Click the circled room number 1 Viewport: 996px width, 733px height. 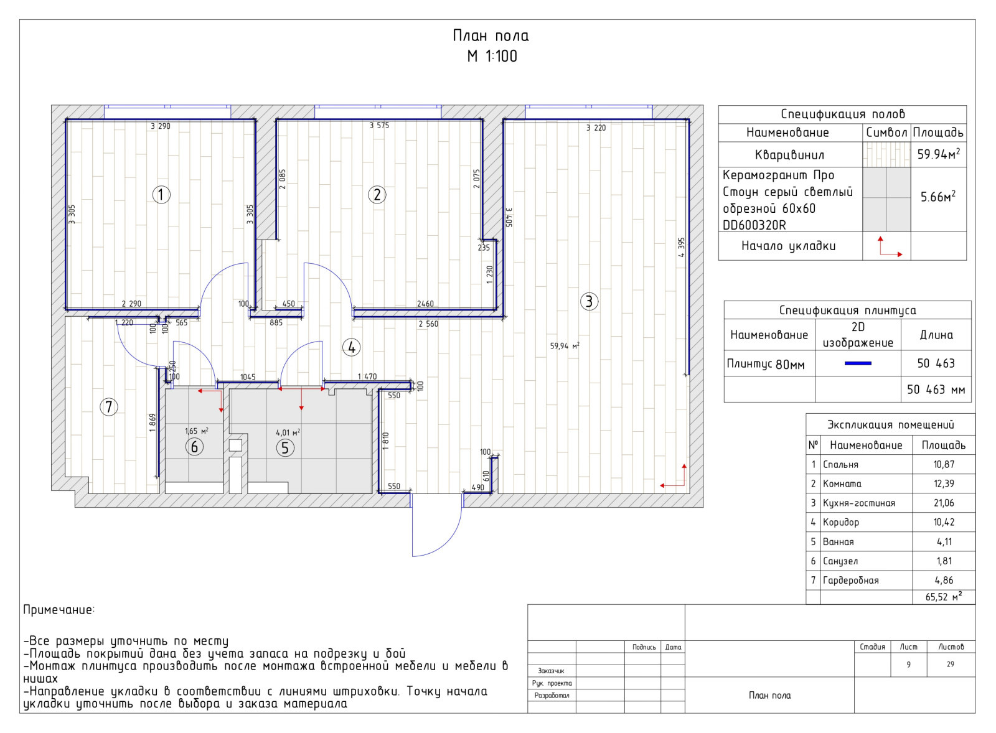161,195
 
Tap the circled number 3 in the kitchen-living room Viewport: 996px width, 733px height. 589,301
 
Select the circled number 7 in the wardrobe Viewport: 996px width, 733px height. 109,407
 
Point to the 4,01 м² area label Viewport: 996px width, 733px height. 288,432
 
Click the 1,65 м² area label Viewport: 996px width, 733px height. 197,431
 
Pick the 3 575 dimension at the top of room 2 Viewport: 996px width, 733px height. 379,125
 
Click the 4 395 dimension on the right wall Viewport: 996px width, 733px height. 682,247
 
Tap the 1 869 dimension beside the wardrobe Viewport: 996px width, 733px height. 153,423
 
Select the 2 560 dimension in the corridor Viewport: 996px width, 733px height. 428,324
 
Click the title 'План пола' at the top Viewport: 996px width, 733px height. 491,35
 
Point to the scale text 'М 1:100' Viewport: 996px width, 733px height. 492,57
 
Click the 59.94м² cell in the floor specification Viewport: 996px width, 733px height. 939,154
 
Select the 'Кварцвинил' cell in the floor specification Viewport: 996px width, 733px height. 790,155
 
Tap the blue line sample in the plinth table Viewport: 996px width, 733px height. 858,363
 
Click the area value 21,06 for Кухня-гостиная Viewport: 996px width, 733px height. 944,503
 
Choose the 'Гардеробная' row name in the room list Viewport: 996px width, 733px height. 850,580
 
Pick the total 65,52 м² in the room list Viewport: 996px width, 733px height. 944,597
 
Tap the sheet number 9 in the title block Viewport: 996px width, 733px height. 908,665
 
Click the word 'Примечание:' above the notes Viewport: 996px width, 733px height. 59,610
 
